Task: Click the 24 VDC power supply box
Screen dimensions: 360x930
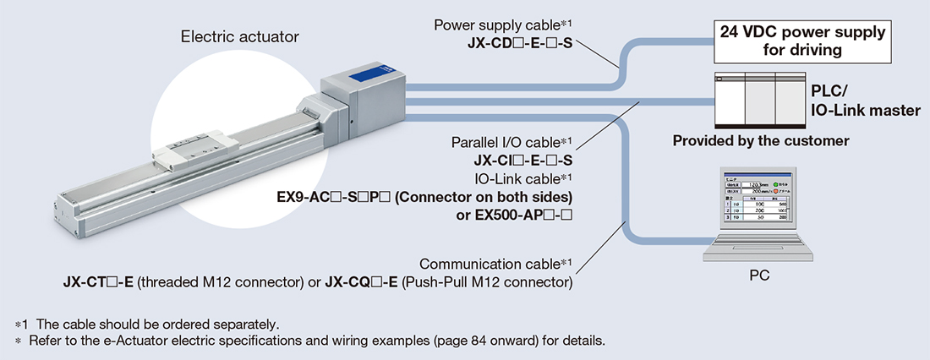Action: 802,41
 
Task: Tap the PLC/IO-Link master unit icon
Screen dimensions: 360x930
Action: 758,99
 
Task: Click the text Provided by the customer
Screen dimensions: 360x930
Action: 760,140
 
